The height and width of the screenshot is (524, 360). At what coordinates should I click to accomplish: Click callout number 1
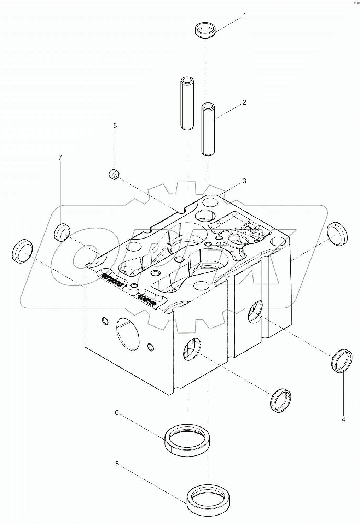pos(244,16)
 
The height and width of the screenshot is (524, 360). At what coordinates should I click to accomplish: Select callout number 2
pos(244,102)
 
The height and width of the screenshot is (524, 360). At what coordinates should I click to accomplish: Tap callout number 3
pos(244,181)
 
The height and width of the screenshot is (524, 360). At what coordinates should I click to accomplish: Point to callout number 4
pos(343,419)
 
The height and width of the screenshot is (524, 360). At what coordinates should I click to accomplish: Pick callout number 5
pos(117,464)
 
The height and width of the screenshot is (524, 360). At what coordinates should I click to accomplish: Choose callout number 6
pos(116,412)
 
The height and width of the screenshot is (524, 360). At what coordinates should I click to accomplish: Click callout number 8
pos(115,125)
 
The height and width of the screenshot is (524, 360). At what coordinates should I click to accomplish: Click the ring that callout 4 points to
pos(342,360)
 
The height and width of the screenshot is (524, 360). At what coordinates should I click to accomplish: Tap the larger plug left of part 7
pos(23,251)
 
